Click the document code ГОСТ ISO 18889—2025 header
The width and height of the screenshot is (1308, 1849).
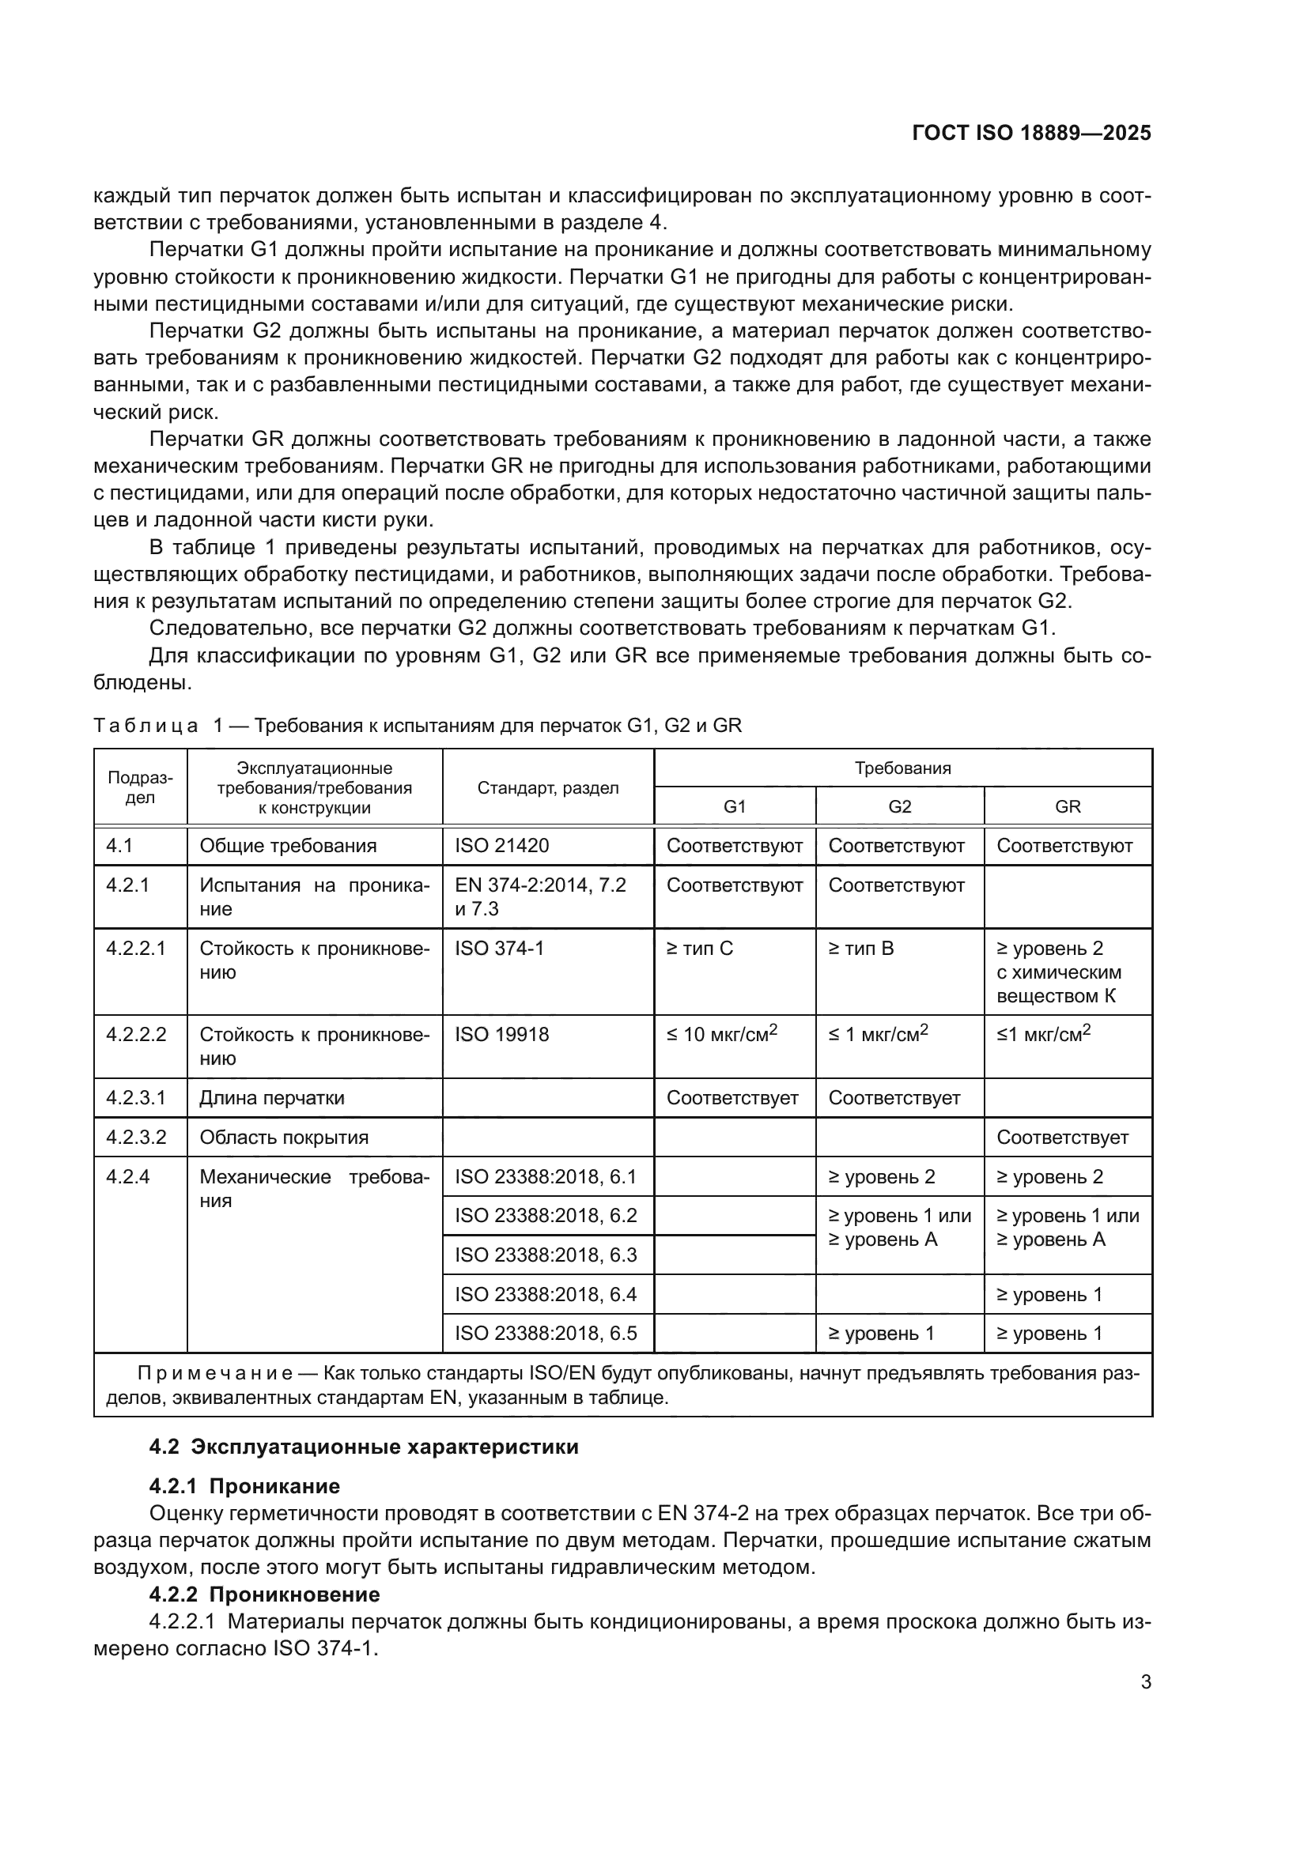tap(1031, 133)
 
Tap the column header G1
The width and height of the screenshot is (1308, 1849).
tap(735, 806)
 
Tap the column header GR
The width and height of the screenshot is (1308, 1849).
tap(1067, 806)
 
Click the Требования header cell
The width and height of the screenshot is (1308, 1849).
tap(902, 768)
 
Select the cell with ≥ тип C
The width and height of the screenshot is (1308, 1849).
tap(700, 948)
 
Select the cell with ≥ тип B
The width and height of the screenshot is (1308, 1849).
tap(861, 948)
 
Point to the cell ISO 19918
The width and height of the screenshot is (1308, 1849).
tap(502, 1034)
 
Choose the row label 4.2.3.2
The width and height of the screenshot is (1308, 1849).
tap(136, 1137)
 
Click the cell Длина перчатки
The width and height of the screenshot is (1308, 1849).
tap(272, 1098)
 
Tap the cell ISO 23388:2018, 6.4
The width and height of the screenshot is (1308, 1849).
tap(546, 1294)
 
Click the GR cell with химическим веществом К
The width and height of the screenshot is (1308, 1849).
tap(1058, 972)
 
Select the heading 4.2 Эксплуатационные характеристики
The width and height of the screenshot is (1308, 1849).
tap(364, 1447)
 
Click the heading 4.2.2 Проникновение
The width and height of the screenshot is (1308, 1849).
tap(264, 1594)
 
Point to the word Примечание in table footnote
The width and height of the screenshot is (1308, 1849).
tap(214, 1373)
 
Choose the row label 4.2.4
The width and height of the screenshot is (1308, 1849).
tap(128, 1176)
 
